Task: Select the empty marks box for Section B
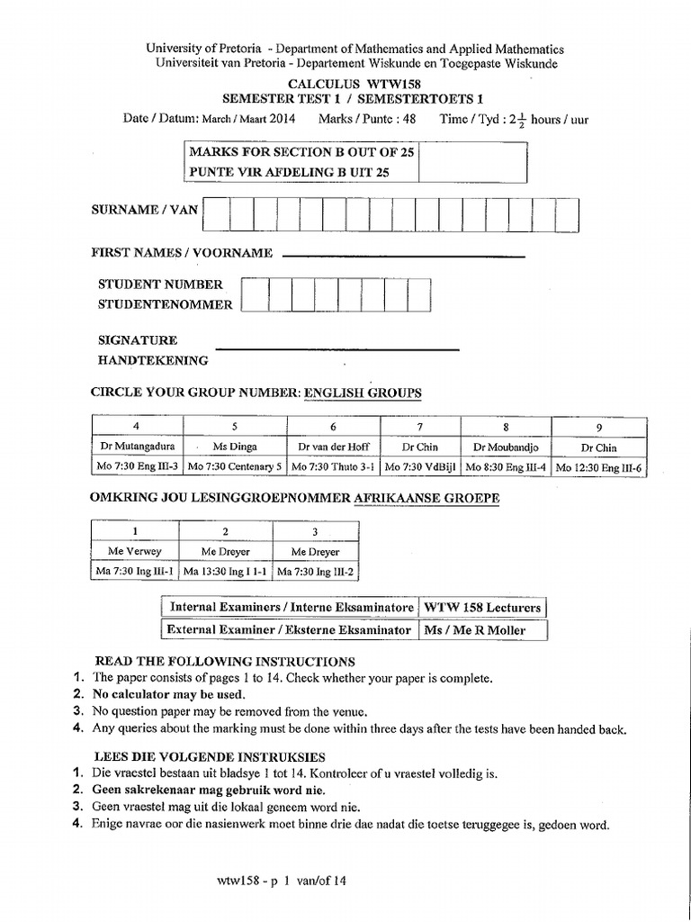click(472, 163)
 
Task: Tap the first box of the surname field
click(216, 214)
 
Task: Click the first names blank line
click(403, 256)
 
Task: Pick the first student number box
click(256, 294)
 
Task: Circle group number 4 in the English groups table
click(137, 426)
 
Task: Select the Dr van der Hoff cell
click(333, 447)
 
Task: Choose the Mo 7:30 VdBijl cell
click(420, 467)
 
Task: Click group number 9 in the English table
click(599, 426)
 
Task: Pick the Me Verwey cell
click(136, 551)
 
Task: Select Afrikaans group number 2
click(226, 531)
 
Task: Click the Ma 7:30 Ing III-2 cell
click(315, 571)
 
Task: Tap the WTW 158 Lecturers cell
click(482, 608)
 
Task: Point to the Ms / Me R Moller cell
click(482, 630)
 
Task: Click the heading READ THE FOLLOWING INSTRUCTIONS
click(225, 661)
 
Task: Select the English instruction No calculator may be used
click(168, 693)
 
